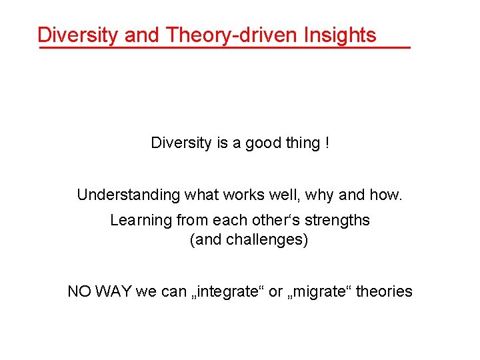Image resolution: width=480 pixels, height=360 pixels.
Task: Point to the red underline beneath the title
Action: click(x=224, y=48)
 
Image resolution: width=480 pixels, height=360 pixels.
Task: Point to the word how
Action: click(x=385, y=195)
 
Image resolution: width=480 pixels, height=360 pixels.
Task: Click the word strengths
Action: click(x=339, y=220)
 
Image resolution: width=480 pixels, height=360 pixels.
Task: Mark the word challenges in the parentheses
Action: click(x=267, y=240)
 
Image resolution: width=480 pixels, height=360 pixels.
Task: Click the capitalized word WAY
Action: click(x=114, y=292)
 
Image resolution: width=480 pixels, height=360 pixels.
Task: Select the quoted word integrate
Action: click(x=226, y=292)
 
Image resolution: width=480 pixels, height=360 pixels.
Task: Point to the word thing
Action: click(x=301, y=143)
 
